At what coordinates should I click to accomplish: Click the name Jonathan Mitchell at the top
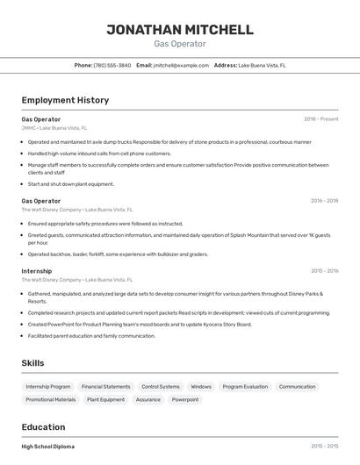tap(179, 30)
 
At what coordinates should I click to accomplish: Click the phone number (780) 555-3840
tap(112, 65)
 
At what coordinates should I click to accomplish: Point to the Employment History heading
tap(65, 100)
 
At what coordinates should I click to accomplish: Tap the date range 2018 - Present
tap(320, 118)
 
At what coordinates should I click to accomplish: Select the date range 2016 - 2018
tap(324, 201)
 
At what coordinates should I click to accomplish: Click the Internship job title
tap(37, 271)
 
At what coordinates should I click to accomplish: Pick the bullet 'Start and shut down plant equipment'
tap(70, 184)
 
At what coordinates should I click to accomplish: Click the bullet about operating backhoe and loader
tap(118, 254)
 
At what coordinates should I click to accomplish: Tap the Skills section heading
tap(33, 362)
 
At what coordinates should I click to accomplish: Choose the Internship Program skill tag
tap(48, 387)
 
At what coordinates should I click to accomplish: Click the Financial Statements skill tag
tap(105, 387)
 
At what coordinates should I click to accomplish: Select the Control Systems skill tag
tap(160, 387)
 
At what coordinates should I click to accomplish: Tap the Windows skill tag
tap(201, 387)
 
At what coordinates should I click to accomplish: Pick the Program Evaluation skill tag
tap(245, 387)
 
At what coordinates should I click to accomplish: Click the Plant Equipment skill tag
tap(105, 400)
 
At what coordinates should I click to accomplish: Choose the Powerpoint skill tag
tap(184, 400)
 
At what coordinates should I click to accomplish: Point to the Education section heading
tap(43, 427)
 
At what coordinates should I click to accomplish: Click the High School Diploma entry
tap(47, 447)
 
